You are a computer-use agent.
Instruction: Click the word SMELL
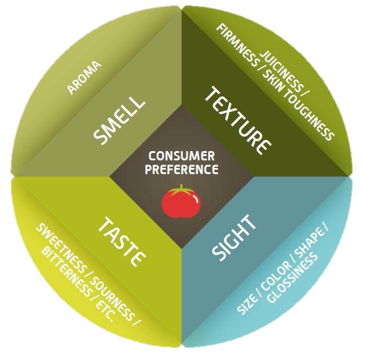point(119,120)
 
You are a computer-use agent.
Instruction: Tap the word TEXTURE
point(238,121)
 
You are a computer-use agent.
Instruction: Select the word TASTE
point(122,242)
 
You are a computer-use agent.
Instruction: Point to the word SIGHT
point(234,238)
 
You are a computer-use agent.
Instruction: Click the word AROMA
point(85,78)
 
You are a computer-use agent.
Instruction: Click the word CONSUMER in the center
point(181,156)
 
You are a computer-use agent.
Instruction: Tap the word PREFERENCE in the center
point(181,169)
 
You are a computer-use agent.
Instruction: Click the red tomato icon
point(181,201)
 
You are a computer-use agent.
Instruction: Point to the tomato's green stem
point(181,190)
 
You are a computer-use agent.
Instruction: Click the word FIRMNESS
point(237,45)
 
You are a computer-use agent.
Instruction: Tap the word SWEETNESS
point(61,248)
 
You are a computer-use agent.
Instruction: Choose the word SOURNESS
point(112,299)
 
